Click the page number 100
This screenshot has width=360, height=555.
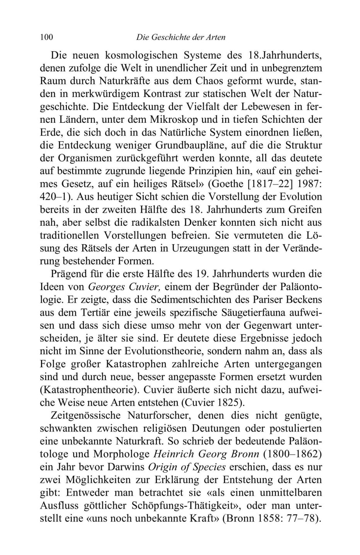coord(46,37)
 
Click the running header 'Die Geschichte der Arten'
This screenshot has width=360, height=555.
coord(181,37)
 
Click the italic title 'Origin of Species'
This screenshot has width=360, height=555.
coord(187,467)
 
